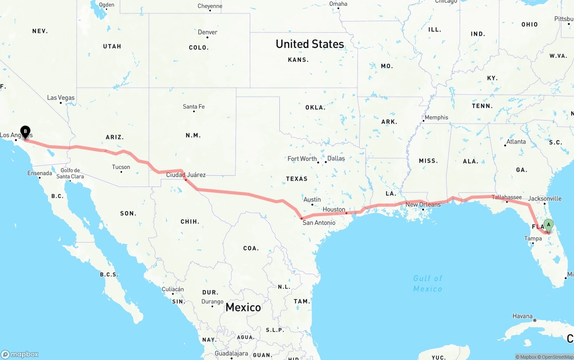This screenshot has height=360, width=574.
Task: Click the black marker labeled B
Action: [25, 132]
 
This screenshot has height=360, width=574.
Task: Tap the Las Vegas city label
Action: [61, 98]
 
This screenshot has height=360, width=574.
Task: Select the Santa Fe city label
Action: [194, 107]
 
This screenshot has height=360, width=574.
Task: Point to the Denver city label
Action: [208, 32]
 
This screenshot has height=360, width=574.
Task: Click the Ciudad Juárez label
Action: [186, 175]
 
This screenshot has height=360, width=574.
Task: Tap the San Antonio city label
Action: [318, 223]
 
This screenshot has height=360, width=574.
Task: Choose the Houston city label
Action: [334, 209]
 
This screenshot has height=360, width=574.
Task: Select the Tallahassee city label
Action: [507, 197]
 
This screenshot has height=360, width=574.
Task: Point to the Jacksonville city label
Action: [544, 199]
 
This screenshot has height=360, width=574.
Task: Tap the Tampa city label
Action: [533, 239]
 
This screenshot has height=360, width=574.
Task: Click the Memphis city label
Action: [436, 117]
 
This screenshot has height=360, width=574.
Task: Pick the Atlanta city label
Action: [516, 142]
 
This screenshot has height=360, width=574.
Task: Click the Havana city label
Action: [522, 316]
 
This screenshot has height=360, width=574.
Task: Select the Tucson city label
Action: [121, 167]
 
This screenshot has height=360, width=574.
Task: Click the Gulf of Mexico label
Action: [428, 283]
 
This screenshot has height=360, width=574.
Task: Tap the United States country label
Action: [310, 44]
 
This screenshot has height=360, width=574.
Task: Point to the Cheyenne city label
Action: [210, 6]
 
